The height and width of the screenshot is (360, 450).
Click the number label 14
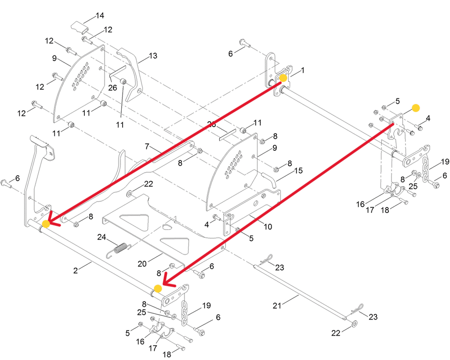(100, 16)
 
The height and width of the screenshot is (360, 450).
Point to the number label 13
(152, 56)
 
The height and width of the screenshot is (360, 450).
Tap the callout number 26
(112, 87)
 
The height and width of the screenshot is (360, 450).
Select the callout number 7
(148, 146)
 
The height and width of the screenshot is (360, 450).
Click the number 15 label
(298, 170)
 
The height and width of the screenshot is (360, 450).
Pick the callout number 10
(268, 227)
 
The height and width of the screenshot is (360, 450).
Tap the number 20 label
(142, 264)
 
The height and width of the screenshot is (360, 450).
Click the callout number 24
(102, 237)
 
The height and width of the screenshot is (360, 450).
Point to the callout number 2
(76, 270)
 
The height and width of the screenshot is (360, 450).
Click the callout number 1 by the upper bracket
(302, 70)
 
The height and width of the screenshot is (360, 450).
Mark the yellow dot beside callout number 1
(283, 78)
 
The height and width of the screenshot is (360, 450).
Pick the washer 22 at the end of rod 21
(354, 324)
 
